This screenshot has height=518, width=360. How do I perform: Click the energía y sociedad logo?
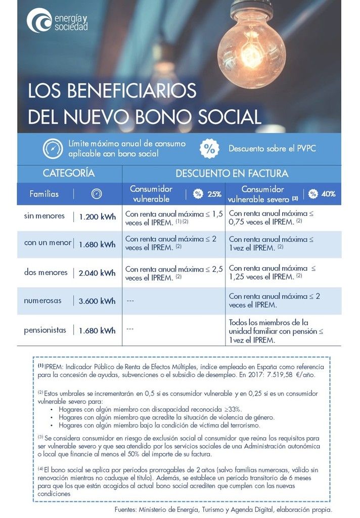57,20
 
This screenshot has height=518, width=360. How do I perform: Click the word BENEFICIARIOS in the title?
112,91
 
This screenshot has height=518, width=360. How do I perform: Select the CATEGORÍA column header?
69,173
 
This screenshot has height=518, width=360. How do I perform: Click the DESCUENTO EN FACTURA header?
232,173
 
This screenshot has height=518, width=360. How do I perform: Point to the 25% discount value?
214,194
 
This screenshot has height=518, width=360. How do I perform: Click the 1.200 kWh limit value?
97,217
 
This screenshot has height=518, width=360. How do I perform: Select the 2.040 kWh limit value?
97,273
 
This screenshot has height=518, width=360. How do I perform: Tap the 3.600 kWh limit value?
97,301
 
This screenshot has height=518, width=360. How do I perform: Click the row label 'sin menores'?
44,216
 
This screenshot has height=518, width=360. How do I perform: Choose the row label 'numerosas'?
42,300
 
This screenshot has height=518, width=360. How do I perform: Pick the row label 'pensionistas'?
45,330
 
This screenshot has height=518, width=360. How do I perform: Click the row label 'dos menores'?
46,272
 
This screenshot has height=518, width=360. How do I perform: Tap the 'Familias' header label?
44,194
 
